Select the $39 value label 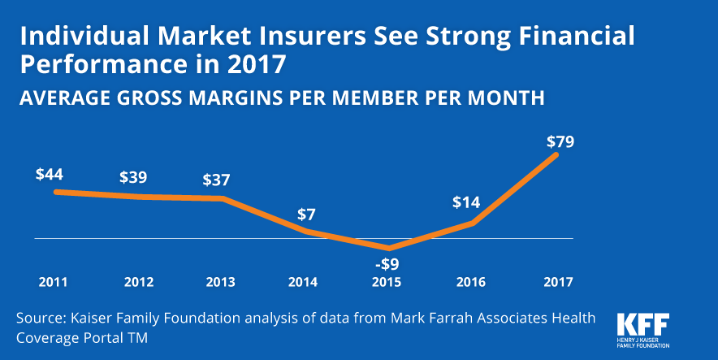coord(134,177)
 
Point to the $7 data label coord(306,215)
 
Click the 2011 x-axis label coord(53,283)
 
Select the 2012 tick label coord(138,283)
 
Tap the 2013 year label coord(221,283)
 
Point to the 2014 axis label coord(304,283)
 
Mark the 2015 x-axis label coord(387,283)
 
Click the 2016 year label coord(470,283)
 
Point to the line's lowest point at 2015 coord(388,249)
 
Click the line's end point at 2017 coord(557,154)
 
